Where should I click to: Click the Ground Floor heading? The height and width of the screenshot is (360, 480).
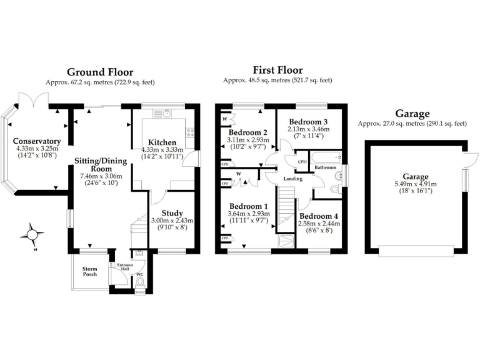tap(100, 72)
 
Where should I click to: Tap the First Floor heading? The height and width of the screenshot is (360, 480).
tap(277, 70)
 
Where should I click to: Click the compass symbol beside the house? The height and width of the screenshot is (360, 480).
tap(31, 235)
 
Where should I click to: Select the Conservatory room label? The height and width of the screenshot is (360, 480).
tap(36, 141)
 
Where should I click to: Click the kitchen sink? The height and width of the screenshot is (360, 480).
tap(166, 113)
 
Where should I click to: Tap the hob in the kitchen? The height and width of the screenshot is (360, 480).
tap(189, 131)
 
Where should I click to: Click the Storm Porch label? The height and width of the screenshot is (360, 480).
tap(90, 271)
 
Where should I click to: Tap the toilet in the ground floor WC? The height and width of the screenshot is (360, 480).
tap(139, 282)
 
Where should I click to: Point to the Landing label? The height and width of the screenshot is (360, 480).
tap(292, 179)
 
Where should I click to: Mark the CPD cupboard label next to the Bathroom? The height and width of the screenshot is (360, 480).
tap(302, 161)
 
